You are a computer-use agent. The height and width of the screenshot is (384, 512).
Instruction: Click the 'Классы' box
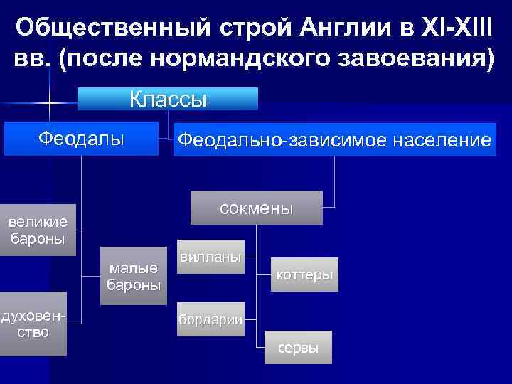168,99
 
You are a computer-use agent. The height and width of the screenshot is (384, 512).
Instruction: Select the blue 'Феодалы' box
81,139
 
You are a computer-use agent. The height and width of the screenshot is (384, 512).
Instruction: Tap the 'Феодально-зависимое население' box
334,141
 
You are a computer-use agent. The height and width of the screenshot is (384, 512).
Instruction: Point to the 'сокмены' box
256,208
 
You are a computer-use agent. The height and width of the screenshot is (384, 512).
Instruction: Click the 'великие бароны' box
37,230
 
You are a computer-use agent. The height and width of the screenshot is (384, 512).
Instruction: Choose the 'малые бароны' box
133,276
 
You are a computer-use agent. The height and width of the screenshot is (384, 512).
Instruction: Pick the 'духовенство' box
33,324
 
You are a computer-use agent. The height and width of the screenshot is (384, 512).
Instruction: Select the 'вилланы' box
210,256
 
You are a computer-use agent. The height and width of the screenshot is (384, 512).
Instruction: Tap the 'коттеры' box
304,274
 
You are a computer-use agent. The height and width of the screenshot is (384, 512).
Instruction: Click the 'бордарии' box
210,320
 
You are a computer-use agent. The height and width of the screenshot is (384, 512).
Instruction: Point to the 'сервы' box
298,348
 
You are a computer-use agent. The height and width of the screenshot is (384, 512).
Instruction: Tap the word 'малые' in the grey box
133,268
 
